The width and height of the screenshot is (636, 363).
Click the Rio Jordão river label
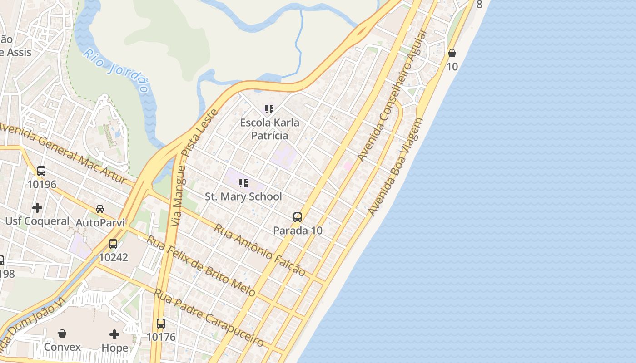pyautogui.click(x=116, y=71)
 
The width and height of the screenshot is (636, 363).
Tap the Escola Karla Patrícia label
pyautogui.click(x=270, y=129)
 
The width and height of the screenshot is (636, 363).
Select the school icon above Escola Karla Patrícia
pyautogui.click(x=269, y=109)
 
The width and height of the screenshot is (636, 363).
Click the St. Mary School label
pyautogui.click(x=243, y=196)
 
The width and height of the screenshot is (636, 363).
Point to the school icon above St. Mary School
pyautogui.click(x=243, y=183)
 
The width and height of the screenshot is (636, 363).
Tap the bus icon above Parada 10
pyautogui.click(x=298, y=217)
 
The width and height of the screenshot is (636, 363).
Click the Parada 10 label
pyautogui.click(x=298, y=231)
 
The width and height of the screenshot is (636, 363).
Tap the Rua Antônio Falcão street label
pyautogui.click(x=259, y=250)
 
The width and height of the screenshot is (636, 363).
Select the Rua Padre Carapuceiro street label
pyautogui.click(x=209, y=317)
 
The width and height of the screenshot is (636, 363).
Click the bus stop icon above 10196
pyautogui.click(x=41, y=171)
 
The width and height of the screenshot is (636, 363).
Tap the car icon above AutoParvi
pyautogui.click(x=100, y=209)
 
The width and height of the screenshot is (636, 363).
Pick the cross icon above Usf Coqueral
pyautogui.click(x=37, y=208)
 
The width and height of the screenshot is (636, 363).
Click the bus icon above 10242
pyautogui.click(x=113, y=244)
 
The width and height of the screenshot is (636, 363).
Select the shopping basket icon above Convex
pyautogui.click(x=62, y=334)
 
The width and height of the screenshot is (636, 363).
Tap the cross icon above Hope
pyautogui.click(x=114, y=334)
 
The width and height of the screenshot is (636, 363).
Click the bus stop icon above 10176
pyautogui.click(x=161, y=324)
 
